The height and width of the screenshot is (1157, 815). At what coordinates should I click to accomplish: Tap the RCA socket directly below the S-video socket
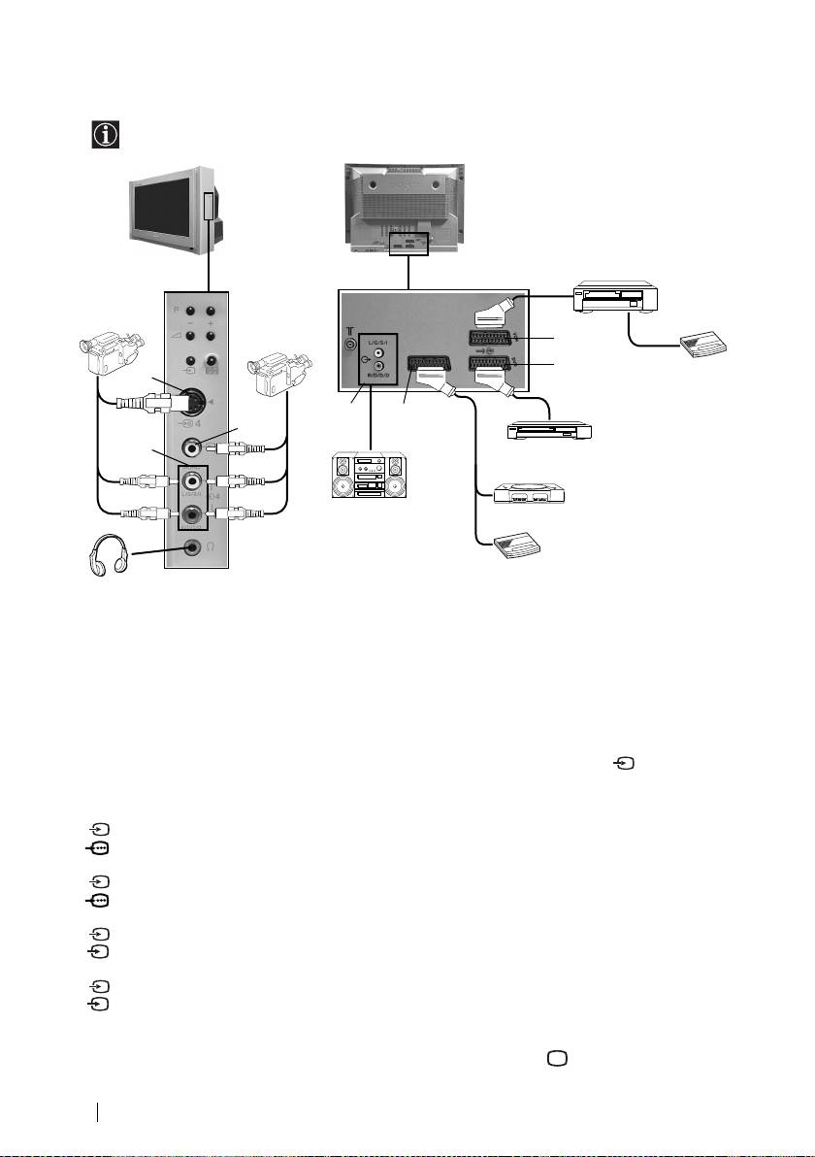tap(195, 449)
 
